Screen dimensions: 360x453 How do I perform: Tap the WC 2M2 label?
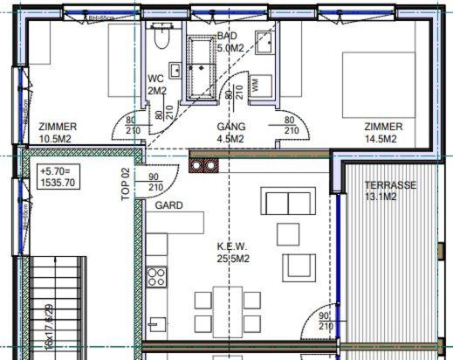point(156,85)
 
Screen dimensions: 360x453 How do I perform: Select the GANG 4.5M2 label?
point(231,132)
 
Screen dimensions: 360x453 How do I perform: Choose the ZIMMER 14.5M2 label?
point(383,132)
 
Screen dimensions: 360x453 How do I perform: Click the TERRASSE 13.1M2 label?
point(390,190)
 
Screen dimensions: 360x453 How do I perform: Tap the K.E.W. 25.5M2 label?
point(233,253)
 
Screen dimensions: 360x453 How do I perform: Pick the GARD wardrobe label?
point(168,206)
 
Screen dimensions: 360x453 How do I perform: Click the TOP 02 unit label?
point(125,185)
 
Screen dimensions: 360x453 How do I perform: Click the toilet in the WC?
point(160,37)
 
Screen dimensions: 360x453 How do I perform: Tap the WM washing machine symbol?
point(256,85)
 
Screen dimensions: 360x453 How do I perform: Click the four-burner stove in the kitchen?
point(157,277)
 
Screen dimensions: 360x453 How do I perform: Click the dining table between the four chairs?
point(227,312)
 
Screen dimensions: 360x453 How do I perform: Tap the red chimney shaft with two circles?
point(204,163)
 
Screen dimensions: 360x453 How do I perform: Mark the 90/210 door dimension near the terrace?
point(324,321)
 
